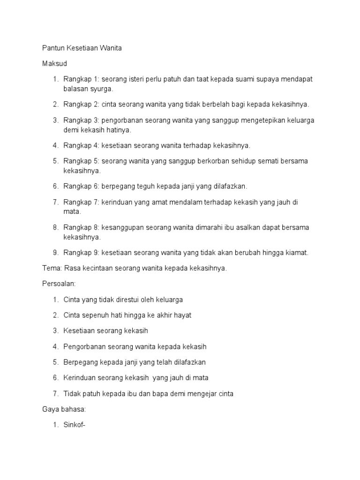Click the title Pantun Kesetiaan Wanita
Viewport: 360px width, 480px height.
82,48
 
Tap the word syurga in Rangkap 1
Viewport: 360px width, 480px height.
101,88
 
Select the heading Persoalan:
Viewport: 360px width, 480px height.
59,284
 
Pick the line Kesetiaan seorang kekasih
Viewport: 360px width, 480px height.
105,331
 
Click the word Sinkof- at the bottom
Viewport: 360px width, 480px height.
75,425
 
